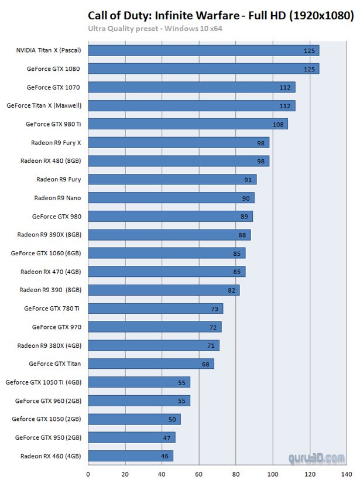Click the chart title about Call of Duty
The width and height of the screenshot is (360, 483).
point(221,15)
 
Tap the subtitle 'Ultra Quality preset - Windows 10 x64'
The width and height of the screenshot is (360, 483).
point(155,28)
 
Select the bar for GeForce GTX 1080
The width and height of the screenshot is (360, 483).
point(203,68)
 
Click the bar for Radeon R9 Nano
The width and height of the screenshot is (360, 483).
point(171,198)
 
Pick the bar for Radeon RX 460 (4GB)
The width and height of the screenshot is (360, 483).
point(131,455)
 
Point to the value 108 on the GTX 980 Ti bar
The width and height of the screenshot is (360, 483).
point(278,124)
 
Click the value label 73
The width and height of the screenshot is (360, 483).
point(214,309)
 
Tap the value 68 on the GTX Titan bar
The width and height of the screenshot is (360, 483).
point(205,364)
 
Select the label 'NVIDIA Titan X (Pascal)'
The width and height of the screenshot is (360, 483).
point(48,50)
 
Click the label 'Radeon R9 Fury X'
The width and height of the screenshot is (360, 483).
point(56,142)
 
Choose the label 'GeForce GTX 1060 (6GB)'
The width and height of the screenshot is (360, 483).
point(46,253)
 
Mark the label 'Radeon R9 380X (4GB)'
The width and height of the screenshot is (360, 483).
point(49,345)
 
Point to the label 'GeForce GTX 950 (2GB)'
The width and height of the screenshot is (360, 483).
point(48,437)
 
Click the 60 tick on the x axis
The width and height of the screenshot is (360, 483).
point(199,474)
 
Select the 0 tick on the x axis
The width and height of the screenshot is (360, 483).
point(88,474)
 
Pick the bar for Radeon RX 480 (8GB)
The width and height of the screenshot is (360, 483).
point(179,161)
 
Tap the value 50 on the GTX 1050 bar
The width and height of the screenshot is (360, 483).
point(172,419)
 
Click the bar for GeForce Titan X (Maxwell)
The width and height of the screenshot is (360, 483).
point(191,105)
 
